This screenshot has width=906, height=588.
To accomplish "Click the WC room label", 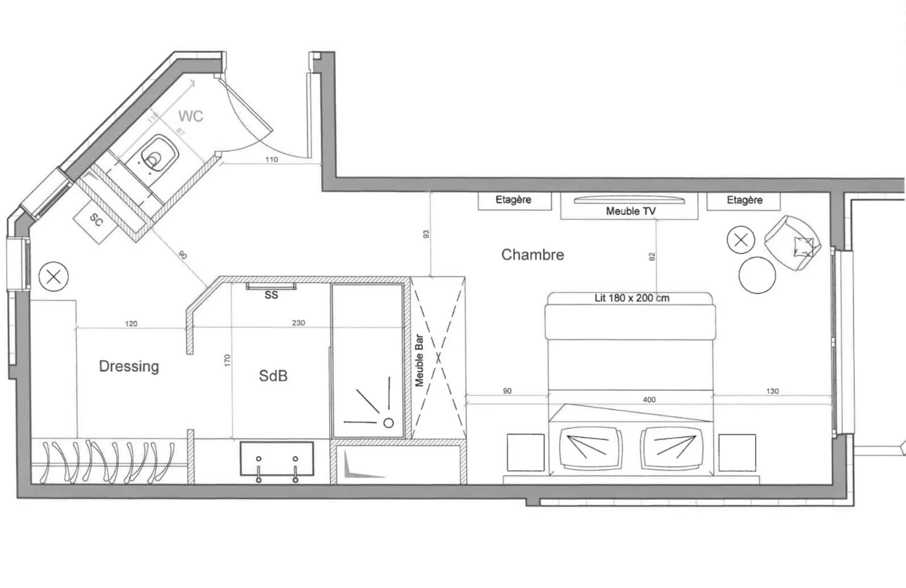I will coord(191,116).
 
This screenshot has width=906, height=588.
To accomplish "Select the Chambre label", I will coord(532,254).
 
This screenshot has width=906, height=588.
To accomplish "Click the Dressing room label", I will coord(129,366).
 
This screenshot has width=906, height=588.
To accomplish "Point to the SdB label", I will coord(273,376).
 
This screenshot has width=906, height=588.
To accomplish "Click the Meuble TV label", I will coord(630,211).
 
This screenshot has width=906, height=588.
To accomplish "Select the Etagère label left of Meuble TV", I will coord(513,199).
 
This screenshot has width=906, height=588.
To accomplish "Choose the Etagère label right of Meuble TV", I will coord(744,200).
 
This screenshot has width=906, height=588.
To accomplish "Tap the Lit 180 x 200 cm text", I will coord(631,298).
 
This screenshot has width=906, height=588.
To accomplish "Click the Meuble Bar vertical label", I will coord(419,360).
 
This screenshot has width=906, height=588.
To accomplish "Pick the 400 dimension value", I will coord(649,399).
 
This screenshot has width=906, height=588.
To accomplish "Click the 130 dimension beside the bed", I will coord(772,391).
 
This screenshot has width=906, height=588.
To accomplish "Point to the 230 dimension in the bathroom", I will coord(298,323).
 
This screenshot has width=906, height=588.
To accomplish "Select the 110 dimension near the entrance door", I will coord(271,159).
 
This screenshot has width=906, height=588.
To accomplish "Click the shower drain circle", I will coord(389,423).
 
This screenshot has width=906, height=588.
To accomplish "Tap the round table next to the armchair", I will coord(757,275).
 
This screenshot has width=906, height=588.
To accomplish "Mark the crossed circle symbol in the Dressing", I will coord(53,276).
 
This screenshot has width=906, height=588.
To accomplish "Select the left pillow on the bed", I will coord(590,448).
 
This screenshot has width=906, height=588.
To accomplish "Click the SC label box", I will coord(96,220).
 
